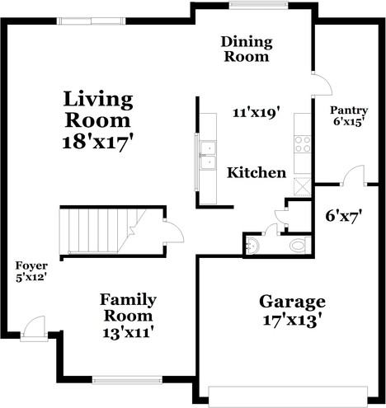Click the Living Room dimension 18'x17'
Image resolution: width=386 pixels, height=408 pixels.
pos(98,143)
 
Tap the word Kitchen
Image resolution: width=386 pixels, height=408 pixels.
pos(257,173)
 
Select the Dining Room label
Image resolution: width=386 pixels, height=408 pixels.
pos(247,49)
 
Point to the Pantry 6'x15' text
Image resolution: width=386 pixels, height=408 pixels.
pos(349,116)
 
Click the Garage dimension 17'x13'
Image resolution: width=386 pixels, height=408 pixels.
pos(292,321)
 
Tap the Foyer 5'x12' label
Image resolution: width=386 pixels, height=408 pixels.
pos(31,271)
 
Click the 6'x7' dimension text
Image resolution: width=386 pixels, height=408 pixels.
pos(343,216)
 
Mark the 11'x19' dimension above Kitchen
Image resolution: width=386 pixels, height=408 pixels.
pos(257,113)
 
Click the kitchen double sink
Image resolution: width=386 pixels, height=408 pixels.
pos(208,156)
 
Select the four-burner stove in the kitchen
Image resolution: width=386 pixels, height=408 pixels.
pos(303,144)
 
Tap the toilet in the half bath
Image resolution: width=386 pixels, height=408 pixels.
pos(299,246)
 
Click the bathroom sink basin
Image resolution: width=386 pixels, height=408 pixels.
pos(252,246)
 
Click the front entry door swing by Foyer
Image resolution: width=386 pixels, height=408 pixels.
pos(33,328)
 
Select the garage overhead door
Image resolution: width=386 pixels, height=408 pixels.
pos(288,396)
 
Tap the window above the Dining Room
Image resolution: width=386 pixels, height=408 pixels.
pos(257,5)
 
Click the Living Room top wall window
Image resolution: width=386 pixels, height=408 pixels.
pos(92,21)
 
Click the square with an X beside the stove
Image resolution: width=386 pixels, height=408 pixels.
pos(303,187)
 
